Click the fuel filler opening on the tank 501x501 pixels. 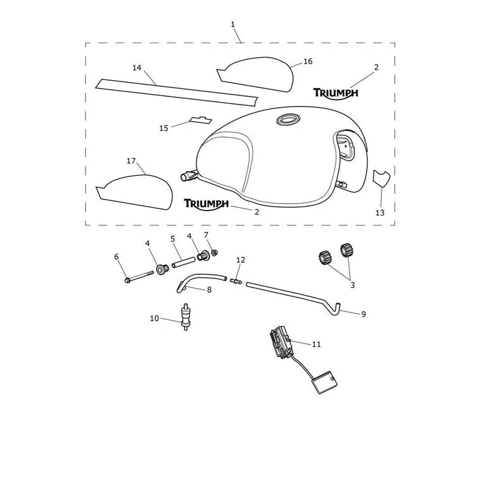288,119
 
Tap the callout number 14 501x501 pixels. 137,68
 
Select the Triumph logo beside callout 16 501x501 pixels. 336,93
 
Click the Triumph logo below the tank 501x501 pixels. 206,205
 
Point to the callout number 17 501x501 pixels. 132,161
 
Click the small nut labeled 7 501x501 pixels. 215,252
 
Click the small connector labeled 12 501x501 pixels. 236,281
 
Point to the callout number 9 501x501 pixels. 364,314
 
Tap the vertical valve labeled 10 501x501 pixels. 185,316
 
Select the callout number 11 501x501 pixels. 316,344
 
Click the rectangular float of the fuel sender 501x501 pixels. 323,382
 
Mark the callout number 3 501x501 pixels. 353,285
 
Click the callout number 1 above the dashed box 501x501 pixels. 233,24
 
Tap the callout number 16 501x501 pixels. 307,61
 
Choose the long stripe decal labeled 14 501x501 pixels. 177,92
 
